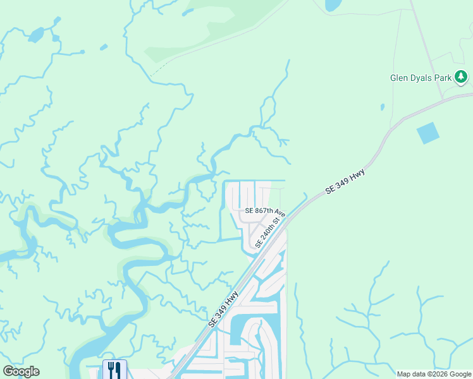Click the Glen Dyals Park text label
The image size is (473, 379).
[x=421, y=78]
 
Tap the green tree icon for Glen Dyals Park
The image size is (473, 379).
[x=462, y=77]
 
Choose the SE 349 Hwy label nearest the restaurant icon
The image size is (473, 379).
[x=223, y=310]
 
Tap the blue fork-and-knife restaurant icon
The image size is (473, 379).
[x=114, y=369]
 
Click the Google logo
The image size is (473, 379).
[x=21, y=371]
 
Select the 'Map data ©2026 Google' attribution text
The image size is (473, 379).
[x=433, y=374]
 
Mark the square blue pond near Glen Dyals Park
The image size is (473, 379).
[x=428, y=133]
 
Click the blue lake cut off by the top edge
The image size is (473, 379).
[x=332, y=5]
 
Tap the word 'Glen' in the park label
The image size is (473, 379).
[x=398, y=78]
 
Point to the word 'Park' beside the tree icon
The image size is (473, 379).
[x=444, y=78]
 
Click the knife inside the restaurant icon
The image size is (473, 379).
[x=118, y=369]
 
